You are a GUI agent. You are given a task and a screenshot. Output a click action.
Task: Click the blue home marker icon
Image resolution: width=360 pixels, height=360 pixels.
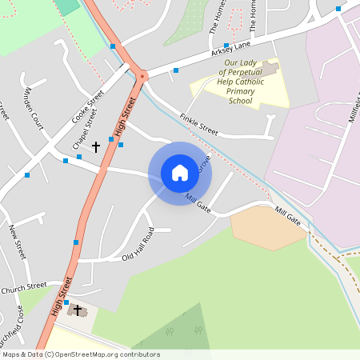pyautogui.click(x=180, y=173)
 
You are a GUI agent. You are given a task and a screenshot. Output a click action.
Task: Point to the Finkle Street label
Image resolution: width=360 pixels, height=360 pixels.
pyautogui.click(x=199, y=122)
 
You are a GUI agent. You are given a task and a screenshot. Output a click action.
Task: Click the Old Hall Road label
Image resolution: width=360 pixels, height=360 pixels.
pyautogui.click(x=138, y=243)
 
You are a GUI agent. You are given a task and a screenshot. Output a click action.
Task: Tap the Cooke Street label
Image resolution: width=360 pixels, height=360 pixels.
pyautogui.click(x=88, y=106)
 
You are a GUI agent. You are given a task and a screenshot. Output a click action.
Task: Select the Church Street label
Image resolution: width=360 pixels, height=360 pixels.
pyautogui.click(x=24, y=288)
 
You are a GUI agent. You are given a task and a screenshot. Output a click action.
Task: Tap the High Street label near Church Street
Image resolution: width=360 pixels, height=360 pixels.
pyautogui.click(x=62, y=295)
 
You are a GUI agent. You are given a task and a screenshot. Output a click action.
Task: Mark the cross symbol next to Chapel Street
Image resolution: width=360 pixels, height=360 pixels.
pyautogui.click(x=96, y=147)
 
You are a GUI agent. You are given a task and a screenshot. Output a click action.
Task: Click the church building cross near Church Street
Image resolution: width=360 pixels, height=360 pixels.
pyautogui.click(x=78, y=310)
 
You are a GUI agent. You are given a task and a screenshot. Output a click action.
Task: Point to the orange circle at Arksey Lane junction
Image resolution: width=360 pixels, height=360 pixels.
pyautogui.click(x=142, y=76)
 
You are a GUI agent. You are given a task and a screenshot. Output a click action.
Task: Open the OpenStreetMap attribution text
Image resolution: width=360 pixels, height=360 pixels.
pyautogui.click(x=81, y=354)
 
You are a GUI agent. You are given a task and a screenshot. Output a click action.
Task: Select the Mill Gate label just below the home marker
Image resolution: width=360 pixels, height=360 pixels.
pyautogui.click(x=198, y=202)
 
